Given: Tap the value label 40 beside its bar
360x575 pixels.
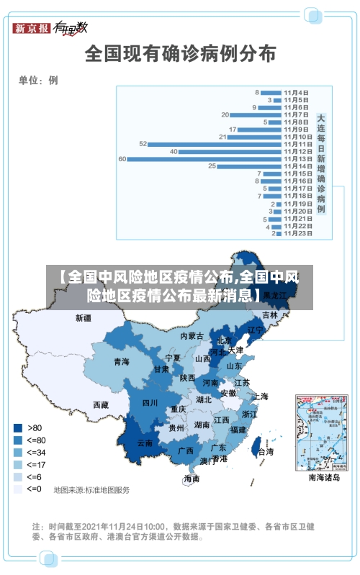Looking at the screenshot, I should pos(174,151).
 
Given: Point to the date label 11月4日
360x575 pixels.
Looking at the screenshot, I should pos(296,92).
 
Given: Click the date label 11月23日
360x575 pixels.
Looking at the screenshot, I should pos(297,232).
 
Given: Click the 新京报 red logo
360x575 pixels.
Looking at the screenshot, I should pos(32,28).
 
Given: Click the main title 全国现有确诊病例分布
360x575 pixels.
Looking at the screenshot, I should pos(180,53).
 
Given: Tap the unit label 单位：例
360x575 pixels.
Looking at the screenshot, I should pos(38,80).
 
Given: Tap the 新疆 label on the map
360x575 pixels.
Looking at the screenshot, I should pos(84,317).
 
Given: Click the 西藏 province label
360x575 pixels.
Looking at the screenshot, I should pos(101,405).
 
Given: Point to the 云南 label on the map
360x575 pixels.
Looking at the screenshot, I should pos(145,443).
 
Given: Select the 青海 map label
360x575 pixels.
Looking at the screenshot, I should pos(121,361).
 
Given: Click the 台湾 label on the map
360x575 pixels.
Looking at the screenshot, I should pos(266,452).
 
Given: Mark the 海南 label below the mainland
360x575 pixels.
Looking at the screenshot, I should pos(192,478).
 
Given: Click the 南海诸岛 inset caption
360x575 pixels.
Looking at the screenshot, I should pos(323,477).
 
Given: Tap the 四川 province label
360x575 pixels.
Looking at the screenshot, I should pos(150,402).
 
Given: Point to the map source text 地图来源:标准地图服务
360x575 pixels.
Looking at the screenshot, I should pos(91,490).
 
